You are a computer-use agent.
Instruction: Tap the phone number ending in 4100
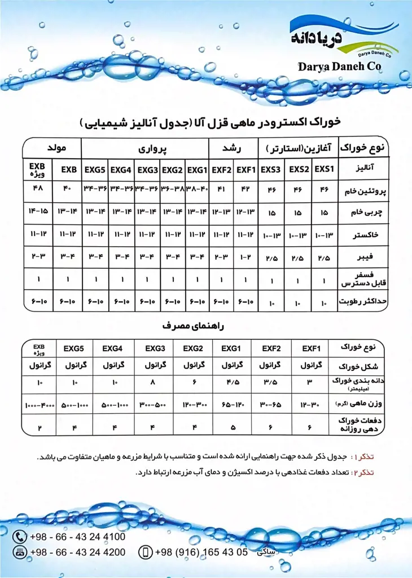coord(77,537)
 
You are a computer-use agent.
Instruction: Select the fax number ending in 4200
coord(77,552)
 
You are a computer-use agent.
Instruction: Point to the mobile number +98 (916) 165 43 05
coord(201,552)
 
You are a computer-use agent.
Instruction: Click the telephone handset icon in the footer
coord(20,537)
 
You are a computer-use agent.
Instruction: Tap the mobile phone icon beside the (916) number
coord(145,552)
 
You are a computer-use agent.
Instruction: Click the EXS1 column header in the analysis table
coord(324,169)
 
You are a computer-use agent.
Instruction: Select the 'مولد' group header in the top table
coord(53,148)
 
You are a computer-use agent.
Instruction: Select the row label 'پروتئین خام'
coord(364,191)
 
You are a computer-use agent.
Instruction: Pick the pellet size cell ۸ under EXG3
coord(155,383)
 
